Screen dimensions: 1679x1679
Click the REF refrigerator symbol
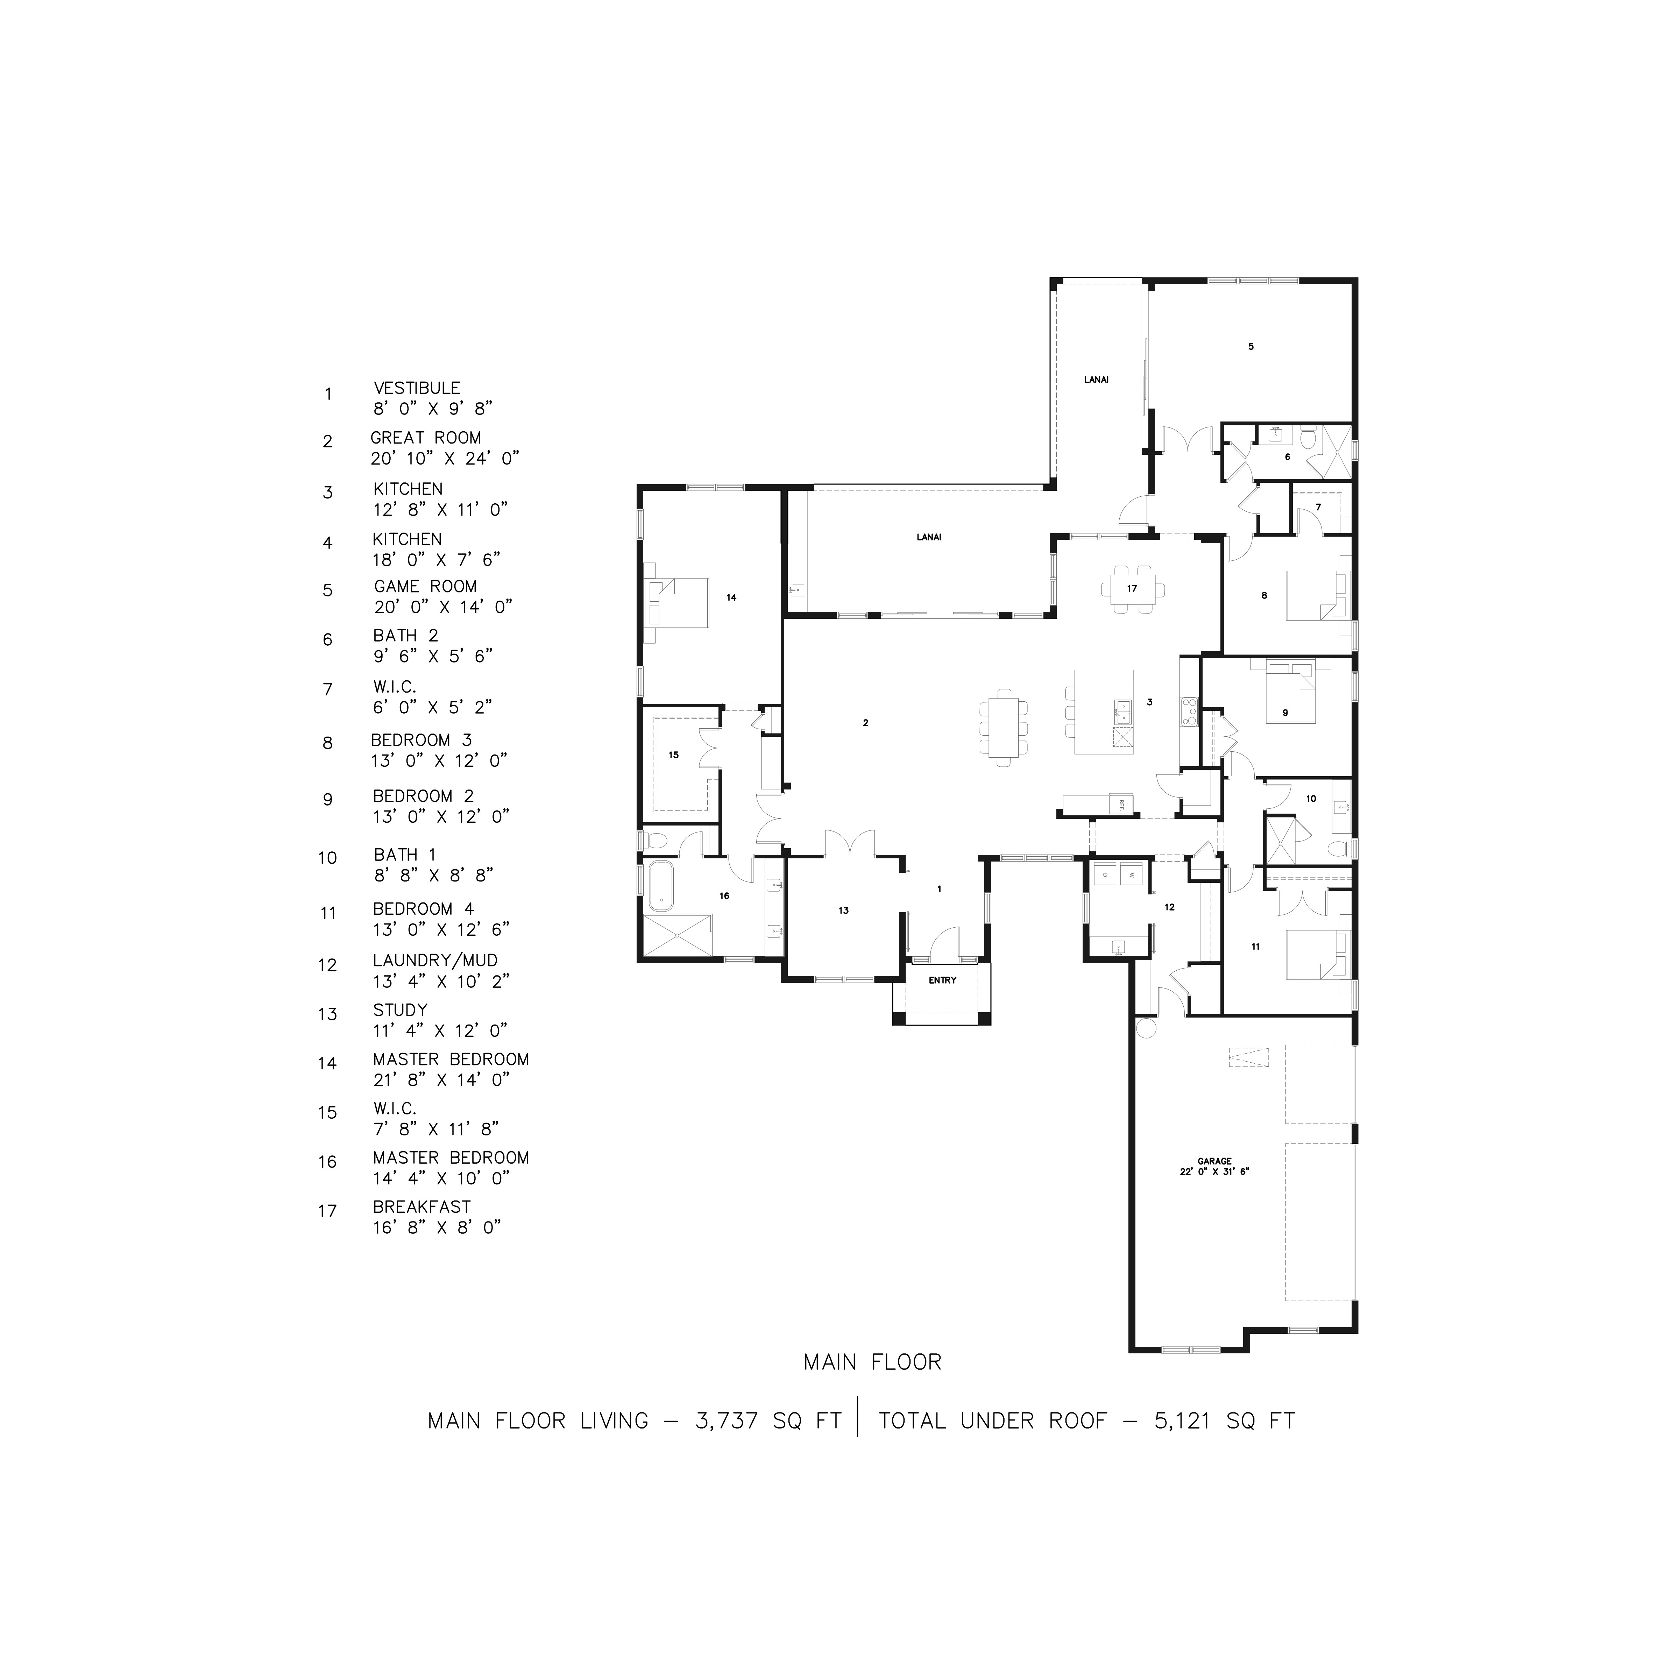(1121, 804)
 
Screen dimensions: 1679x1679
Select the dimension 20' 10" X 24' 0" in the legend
(445, 458)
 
